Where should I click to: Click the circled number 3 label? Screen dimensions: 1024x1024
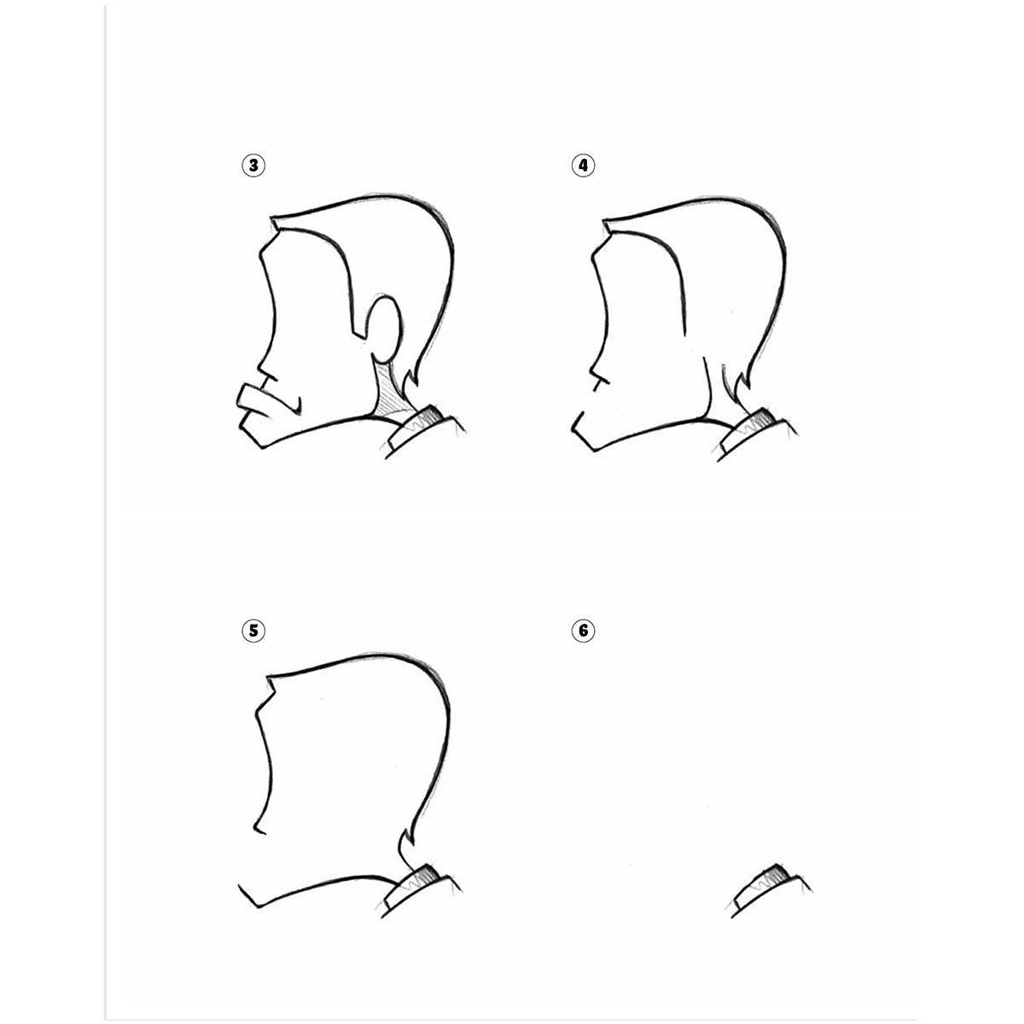click(x=253, y=166)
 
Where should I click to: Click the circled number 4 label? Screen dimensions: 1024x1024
click(x=583, y=166)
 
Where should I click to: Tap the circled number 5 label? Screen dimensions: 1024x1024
click(x=253, y=631)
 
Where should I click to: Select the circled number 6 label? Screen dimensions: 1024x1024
click(x=583, y=631)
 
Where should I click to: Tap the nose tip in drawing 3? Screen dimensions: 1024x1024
click(x=260, y=369)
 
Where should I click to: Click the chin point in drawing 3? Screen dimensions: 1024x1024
click(x=261, y=447)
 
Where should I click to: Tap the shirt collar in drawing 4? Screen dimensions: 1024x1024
click(x=756, y=433)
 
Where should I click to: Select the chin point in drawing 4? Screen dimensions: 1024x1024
click(x=594, y=450)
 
